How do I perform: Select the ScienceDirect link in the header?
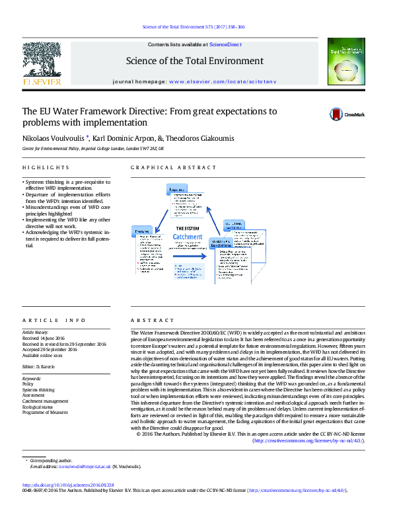point(225,44)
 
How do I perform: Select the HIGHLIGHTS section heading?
point(46,168)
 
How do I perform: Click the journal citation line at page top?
point(194,27)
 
